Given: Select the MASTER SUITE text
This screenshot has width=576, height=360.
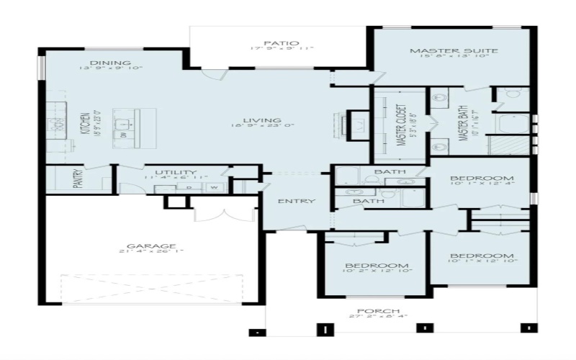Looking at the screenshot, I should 454,51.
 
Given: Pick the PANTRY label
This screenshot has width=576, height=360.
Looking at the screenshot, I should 78,179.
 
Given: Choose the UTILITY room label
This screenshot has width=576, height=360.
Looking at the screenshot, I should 176,172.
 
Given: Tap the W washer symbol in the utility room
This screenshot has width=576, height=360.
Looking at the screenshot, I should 214,187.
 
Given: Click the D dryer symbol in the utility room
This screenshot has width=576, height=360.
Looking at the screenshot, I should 189,187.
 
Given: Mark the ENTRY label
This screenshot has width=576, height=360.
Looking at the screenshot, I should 297,201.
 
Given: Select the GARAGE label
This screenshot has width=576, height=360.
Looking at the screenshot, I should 156,246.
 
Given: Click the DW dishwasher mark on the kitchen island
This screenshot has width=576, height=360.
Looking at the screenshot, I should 123,135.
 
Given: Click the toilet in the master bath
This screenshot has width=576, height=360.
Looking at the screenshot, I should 510,94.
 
